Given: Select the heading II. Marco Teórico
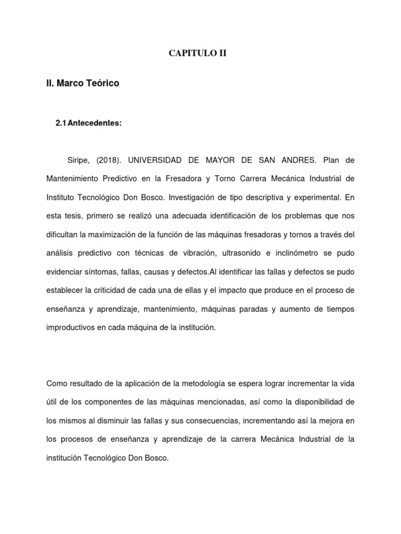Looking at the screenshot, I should [82, 83].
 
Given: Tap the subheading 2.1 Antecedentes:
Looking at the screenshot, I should [88, 123].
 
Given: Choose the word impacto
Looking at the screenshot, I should [259, 291].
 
